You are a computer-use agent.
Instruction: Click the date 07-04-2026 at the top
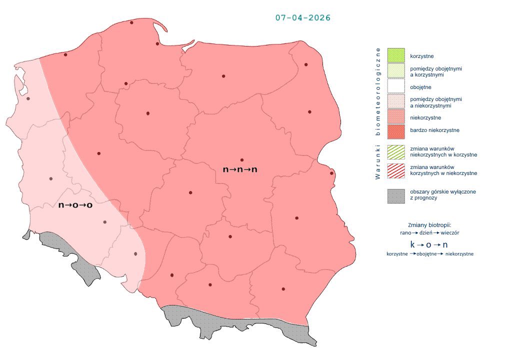[x=302, y=17]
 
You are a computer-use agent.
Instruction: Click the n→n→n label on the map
[x=240, y=169]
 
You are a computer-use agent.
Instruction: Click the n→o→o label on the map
[x=76, y=205]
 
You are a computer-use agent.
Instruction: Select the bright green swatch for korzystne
[x=396, y=55]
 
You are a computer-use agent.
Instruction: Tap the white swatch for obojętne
[x=396, y=86]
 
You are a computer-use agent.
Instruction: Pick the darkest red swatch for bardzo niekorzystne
[x=396, y=130]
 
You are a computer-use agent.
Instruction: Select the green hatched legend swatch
[x=396, y=152]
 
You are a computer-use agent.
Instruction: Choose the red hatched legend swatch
[x=396, y=170]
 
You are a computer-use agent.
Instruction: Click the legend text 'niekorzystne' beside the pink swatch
[x=425, y=117]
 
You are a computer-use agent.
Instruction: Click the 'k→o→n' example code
[x=428, y=244]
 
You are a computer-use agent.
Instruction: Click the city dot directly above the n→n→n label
[x=242, y=159]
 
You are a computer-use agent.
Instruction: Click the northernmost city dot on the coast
[x=132, y=22]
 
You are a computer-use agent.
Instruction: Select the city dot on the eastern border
[x=331, y=173]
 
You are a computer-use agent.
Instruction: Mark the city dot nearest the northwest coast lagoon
[x=28, y=98]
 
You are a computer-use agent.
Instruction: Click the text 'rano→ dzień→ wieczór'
[x=429, y=233]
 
